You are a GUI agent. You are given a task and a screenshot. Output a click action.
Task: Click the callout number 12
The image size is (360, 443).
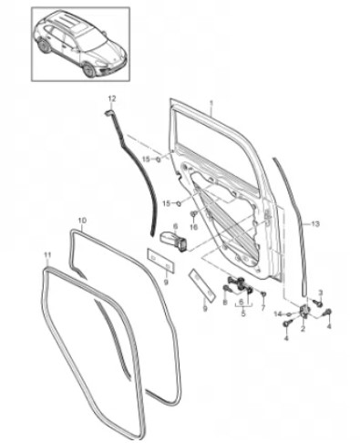click(x=112, y=98)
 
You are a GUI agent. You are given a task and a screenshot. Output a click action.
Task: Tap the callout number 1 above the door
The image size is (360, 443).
click(x=211, y=103)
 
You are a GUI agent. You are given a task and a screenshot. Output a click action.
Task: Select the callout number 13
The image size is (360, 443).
click(x=315, y=224)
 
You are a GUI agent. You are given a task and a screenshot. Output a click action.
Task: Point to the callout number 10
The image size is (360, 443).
click(x=82, y=220)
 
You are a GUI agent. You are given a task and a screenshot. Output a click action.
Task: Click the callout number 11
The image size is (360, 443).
click(x=46, y=254)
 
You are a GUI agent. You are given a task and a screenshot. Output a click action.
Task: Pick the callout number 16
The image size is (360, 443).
click(x=194, y=227)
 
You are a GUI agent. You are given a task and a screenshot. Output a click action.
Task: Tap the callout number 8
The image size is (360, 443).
click(x=225, y=303)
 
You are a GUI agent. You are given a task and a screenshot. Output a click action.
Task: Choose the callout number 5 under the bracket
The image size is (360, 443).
click(x=243, y=314)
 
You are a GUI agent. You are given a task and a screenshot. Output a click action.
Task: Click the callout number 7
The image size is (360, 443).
click(x=263, y=308)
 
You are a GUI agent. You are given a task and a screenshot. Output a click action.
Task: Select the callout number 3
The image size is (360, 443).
click(x=320, y=293)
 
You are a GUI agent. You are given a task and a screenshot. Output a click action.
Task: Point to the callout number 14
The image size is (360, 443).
click(x=281, y=314)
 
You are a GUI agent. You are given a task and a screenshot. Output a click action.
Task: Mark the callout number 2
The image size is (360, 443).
click(x=303, y=328)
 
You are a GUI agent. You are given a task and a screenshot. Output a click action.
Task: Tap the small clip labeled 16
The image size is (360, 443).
click(x=193, y=214)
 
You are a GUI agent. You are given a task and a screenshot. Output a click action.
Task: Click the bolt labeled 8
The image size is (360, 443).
click(x=227, y=289)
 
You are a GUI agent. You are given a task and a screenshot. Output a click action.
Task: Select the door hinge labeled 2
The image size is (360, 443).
click(x=303, y=311)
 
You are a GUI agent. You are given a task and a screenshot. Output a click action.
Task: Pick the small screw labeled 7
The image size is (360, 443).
click(x=264, y=294)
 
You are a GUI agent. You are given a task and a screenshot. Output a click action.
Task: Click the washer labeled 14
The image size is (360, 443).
click(x=290, y=314)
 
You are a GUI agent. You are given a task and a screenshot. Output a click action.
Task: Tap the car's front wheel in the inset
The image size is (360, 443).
click(x=89, y=70)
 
